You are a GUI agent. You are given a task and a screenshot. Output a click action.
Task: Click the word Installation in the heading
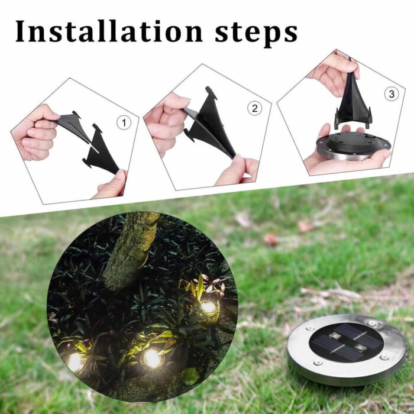(109, 31)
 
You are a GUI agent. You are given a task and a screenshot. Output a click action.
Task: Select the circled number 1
(124, 122)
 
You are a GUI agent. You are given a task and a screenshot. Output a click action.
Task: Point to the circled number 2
(254, 108)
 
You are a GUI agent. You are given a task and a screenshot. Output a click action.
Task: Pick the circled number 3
(392, 94)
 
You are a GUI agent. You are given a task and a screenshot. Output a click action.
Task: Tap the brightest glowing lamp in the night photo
(153, 358)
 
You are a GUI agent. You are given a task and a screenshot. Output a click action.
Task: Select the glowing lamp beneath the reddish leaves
(209, 307)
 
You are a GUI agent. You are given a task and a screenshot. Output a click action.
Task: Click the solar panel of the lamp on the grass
(346, 342)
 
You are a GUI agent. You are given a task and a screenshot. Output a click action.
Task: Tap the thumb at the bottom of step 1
(111, 185)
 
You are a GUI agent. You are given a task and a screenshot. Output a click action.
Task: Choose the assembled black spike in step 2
(208, 121)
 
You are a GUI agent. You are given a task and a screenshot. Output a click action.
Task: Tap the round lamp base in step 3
(354, 145)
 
